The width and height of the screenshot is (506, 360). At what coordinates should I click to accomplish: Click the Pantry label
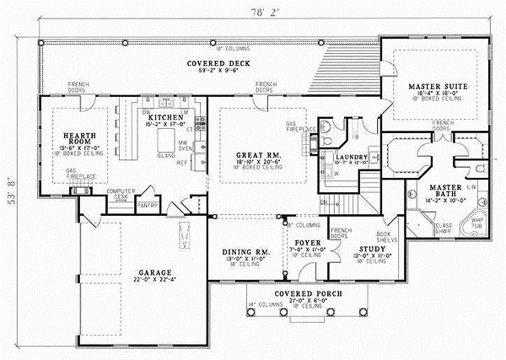(148, 204)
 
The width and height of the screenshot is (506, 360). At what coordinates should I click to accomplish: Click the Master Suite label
(432, 86)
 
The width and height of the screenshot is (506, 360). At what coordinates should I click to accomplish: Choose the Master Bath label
(444, 190)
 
